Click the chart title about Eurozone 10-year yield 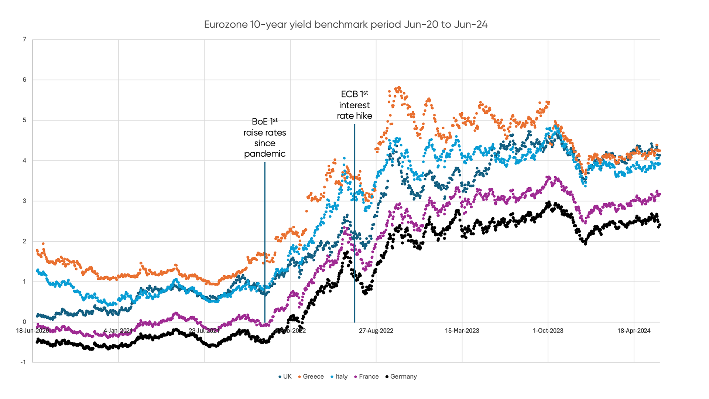346,25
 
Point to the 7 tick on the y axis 24,40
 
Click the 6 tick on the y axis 24,80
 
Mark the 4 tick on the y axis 24,160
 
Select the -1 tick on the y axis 23,362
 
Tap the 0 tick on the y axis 24,322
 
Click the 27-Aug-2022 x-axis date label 376,331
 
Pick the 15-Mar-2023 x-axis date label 462,331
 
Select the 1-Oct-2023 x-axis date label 548,331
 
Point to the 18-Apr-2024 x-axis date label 634,331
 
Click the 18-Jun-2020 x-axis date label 32,331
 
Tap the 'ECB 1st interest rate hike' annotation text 354,105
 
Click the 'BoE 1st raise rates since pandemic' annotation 265,138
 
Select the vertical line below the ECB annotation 354,222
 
